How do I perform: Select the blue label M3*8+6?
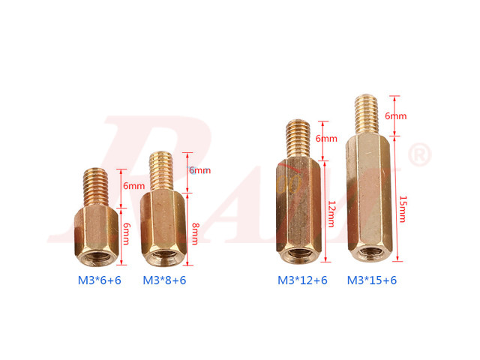[164, 280]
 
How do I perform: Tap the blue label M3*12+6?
[303, 280]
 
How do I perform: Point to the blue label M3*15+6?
[372, 280]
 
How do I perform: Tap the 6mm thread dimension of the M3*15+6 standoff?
[395, 116]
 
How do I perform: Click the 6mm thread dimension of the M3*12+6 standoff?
[326, 139]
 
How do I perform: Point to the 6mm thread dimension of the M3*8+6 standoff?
[199, 170]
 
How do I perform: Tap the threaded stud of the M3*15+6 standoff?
[367, 115]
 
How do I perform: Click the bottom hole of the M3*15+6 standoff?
[370, 251]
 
